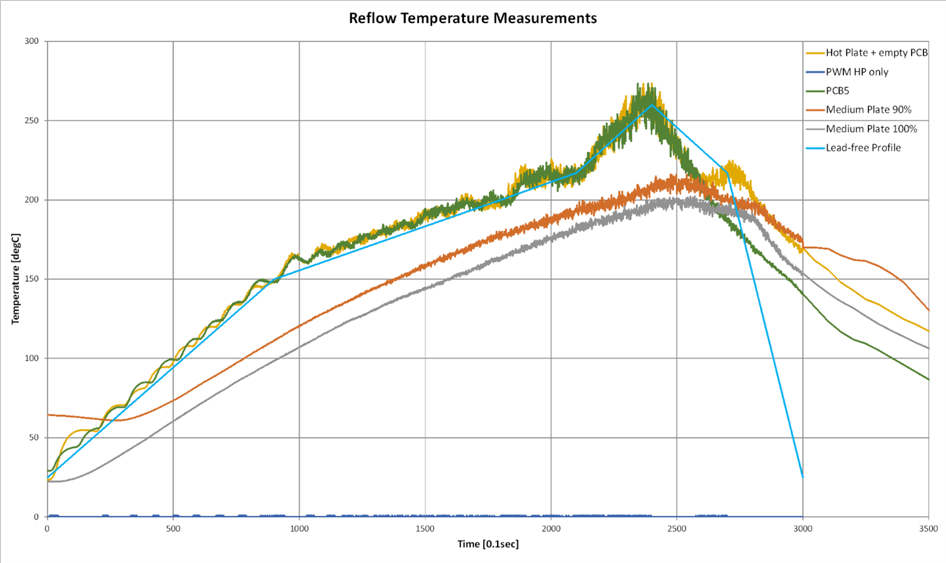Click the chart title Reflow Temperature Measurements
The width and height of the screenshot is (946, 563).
473,18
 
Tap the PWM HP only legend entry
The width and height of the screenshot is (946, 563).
856,72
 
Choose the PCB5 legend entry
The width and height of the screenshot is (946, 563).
837,91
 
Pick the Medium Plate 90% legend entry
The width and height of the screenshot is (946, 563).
868,110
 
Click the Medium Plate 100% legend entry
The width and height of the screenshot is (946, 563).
871,129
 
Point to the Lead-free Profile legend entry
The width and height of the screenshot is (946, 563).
863,148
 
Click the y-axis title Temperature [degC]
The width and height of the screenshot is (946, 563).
16,279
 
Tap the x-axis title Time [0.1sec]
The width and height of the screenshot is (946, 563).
488,544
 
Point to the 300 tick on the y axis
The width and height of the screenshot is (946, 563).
31,41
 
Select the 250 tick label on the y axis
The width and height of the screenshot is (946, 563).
31,120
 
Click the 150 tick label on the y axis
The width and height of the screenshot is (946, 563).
31,279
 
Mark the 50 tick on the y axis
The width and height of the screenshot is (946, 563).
34,438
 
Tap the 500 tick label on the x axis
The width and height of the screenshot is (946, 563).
173,529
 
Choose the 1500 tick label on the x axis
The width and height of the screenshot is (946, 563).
425,529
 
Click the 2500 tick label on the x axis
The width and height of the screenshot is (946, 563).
677,529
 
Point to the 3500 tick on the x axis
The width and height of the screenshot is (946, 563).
928,529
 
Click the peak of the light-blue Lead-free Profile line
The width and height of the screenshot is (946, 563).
652,105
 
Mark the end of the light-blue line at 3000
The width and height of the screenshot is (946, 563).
803,477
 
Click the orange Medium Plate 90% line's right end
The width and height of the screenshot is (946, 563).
928,310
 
